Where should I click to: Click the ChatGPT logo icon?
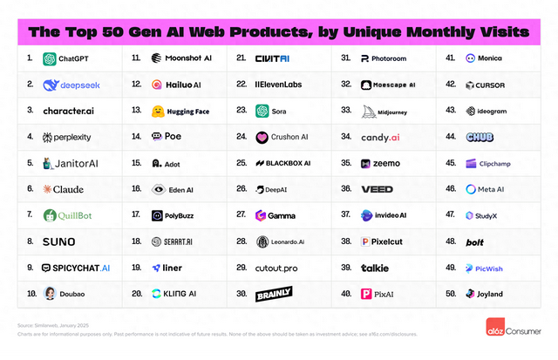50,58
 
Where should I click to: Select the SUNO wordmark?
61,241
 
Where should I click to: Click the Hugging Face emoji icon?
158,111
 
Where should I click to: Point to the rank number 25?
242,163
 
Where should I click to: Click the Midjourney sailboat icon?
367,111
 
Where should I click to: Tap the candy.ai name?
381,137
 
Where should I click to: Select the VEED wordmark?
378,189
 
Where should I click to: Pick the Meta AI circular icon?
471,189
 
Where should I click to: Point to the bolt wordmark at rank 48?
475,241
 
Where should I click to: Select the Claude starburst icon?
47,189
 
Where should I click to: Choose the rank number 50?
450,294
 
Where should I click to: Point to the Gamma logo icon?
261,215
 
